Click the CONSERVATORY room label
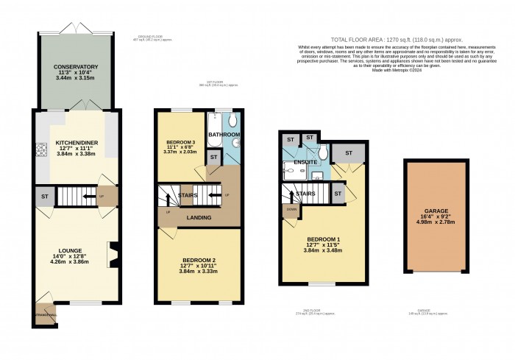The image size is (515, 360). click(x=75, y=67)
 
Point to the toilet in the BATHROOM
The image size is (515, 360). click(x=233, y=121)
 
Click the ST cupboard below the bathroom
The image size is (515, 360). click(x=213, y=157)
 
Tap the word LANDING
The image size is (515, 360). click(x=199, y=218)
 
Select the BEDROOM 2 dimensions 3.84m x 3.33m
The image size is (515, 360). click(x=199, y=270)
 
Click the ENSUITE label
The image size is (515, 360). click(x=305, y=160)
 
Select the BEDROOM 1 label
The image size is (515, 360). click(x=324, y=239)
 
